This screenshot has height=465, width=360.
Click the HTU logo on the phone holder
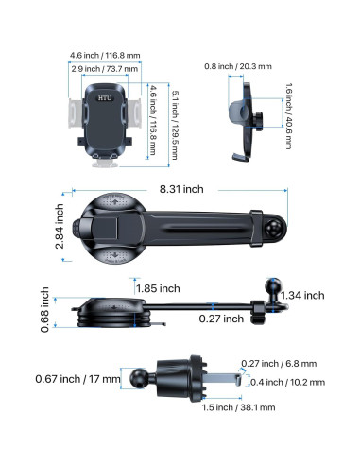[105, 98]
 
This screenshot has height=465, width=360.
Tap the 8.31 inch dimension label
[181, 189]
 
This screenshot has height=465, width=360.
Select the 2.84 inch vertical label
[60, 226]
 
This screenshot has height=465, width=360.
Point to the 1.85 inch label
[158, 288]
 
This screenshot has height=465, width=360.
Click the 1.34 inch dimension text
[302, 296]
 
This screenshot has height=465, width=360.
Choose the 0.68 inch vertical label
[44, 310]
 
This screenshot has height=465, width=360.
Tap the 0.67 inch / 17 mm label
[77, 379]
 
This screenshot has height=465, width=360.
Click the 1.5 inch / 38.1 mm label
[238, 407]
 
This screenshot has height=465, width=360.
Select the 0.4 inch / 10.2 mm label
[287, 382]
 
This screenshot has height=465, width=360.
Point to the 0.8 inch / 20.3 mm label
[238, 66]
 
